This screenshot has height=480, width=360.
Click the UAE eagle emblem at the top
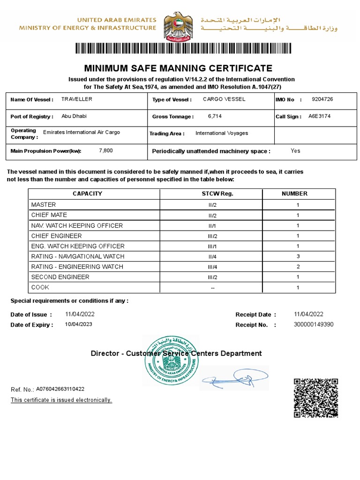point(180,26)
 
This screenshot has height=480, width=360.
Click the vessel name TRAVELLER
point(77,99)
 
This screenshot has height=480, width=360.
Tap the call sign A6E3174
point(319,116)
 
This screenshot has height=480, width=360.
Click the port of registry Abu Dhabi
point(74,116)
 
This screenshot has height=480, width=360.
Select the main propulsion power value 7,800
point(106,150)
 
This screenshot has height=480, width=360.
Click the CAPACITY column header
point(87,194)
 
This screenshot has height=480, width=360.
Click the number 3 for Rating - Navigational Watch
point(298,256)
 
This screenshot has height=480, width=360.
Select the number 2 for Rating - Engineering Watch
point(298,267)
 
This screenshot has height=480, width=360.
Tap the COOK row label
point(40,287)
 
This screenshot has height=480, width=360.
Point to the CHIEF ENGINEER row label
point(56,236)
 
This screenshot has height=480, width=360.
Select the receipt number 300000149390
point(314,324)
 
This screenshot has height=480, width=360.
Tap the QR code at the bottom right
point(316,397)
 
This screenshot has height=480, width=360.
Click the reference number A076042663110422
point(60,389)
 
